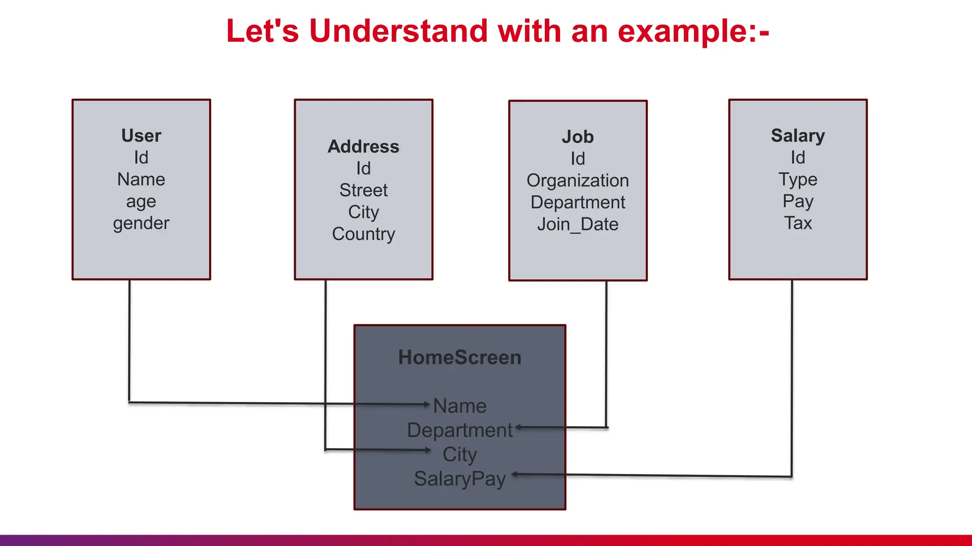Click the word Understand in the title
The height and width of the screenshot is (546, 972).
click(x=398, y=31)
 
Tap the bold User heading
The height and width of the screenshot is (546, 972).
click(x=141, y=136)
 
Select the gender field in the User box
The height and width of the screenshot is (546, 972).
click(x=141, y=223)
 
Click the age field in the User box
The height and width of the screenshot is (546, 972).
click(x=141, y=202)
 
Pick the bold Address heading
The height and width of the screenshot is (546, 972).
click(x=364, y=147)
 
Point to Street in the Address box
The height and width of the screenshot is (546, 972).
click(x=364, y=191)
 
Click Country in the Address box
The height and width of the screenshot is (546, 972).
click(x=364, y=234)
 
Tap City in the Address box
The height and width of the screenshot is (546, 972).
click(x=364, y=212)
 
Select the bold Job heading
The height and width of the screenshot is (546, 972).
click(x=578, y=137)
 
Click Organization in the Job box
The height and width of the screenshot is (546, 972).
click(x=578, y=181)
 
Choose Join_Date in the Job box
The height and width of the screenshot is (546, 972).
click(x=578, y=224)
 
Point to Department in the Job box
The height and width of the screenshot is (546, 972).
click(x=578, y=202)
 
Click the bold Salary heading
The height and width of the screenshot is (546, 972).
click(x=798, y=136)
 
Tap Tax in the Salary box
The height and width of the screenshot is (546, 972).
click(x=798, y=223)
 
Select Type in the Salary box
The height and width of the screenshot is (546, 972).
click(x=798, y=180)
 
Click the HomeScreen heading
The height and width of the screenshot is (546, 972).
click(x=459, y=357)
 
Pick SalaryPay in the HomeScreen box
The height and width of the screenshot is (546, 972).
click(x=459, y=479)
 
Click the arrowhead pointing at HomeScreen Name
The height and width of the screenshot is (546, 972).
click(x=427, y=404)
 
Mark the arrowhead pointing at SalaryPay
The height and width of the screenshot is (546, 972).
click(x=514, y=474)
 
